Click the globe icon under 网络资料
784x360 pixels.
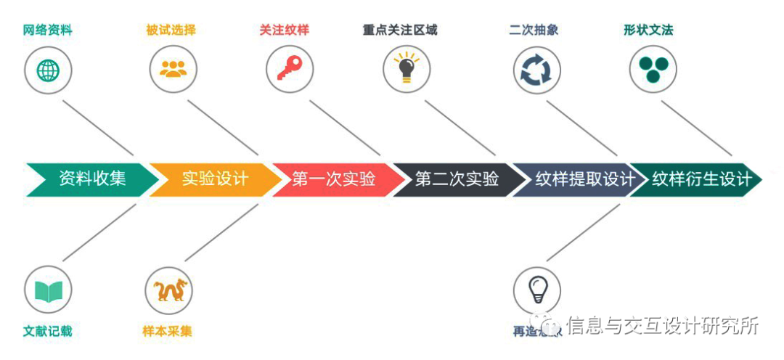pos(49,70)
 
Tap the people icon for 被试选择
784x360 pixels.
pos(173,70)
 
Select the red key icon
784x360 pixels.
pos(288,70)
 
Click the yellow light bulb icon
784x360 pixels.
pos(405,70)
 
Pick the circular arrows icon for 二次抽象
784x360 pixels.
pos(536,71)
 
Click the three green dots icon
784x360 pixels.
pos(653,70)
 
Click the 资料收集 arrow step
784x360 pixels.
pos(91,179)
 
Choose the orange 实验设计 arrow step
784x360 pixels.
pos(214,179)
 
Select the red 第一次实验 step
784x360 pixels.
pos(333,179)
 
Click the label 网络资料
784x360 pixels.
pos(48,30)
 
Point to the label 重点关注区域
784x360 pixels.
pos(400,30)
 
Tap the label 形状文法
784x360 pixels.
pos(648,30)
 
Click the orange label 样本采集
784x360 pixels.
pos(168,331)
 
